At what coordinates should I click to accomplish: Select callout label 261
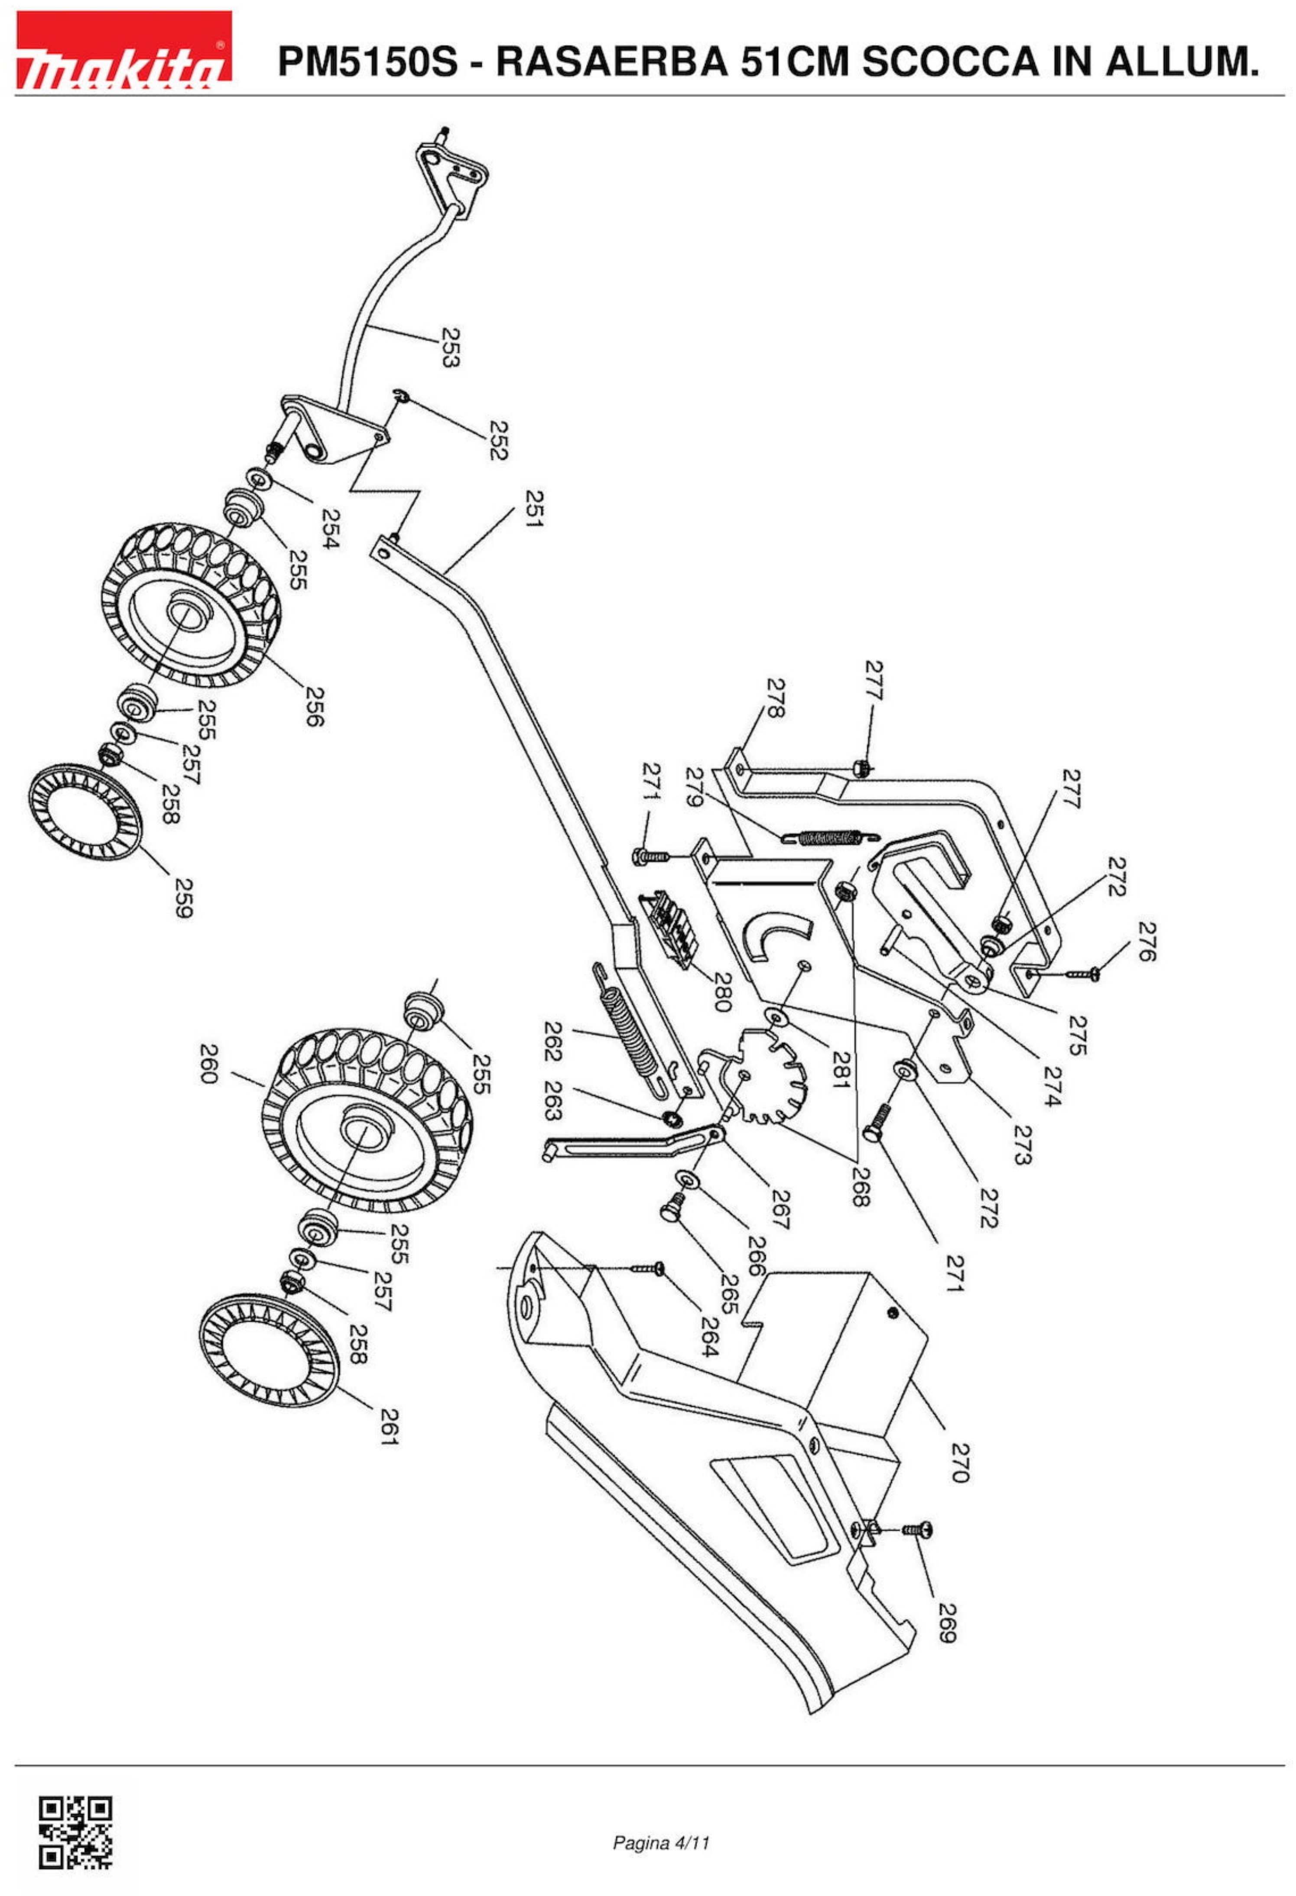coord(389,1426)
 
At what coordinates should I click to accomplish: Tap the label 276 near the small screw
coord(1147,942)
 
